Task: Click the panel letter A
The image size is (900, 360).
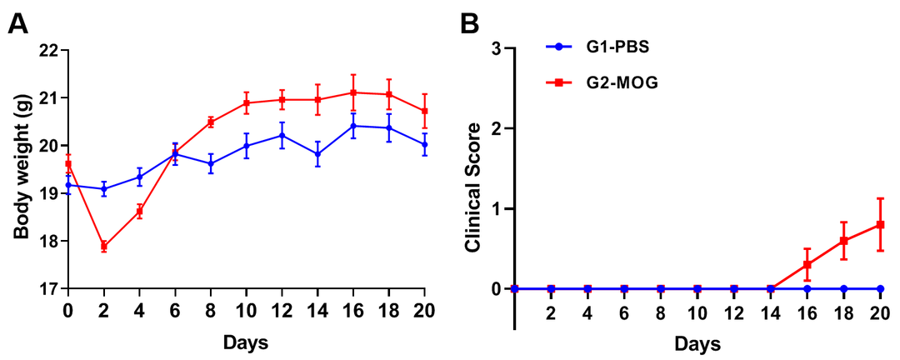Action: [x=17, y=22]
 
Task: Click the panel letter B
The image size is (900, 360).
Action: [x=469, y=22]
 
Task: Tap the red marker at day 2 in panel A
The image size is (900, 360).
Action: [x=104, y=246]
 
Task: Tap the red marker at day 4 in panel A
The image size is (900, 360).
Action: [x=140, y=211]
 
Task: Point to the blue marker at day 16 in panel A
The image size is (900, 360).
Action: [x=353, y=126]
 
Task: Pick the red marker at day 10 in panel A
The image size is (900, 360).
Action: [x=247, y=102]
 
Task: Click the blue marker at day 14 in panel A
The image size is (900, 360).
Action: [x=317, y=153]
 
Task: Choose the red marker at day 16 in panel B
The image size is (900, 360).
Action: [x=807, y=264]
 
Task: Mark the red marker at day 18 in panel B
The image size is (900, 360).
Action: [x=844, y=241]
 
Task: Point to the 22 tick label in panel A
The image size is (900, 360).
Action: [x=50, y=50]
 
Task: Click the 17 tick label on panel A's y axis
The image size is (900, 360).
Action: [x=50, y=289]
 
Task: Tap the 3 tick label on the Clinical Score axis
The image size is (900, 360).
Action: [x=497, y=49]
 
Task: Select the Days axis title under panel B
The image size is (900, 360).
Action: [x=697, y=342]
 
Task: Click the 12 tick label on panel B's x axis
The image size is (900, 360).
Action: [x=734, y=312]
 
